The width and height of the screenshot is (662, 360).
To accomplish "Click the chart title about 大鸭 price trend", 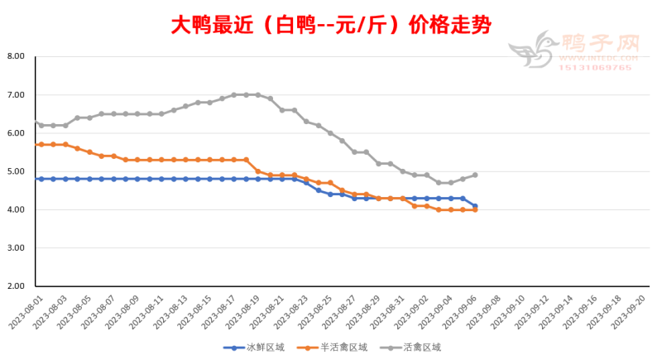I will [331, 25].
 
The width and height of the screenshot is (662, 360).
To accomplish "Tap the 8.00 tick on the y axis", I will [16, 56].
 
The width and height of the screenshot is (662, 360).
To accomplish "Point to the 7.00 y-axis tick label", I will [16, 95].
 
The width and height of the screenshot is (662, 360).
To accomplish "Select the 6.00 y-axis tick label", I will [16, 133].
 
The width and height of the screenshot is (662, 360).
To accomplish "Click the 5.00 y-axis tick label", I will [16, 171].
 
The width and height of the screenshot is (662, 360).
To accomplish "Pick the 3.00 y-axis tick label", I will [16, 248].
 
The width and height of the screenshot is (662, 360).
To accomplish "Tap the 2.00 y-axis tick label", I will [16, 286].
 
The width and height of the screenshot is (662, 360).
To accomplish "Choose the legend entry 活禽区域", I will [419, 348].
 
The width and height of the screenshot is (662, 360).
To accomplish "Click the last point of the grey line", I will [475, 175].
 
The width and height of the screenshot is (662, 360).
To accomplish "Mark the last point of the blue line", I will [475, 206].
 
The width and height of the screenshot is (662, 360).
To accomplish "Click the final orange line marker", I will [475, 210].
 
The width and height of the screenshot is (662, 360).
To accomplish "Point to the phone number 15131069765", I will [597, 67].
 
